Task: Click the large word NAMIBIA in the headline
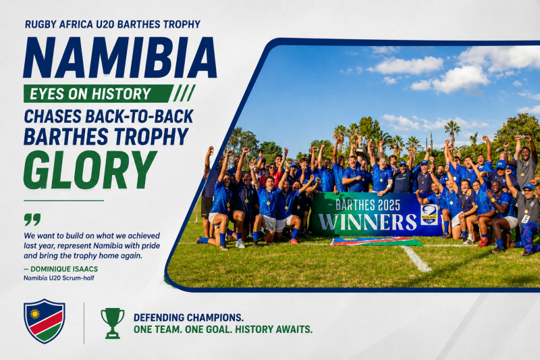[120, 57]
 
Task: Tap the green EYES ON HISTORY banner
[98, 94]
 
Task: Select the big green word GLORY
[90, 170]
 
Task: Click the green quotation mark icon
[32, 219]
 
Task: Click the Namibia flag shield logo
[44, 321]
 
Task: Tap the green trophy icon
[113, 323]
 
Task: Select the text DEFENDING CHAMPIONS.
[189, 317]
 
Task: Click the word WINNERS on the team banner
[367, 222]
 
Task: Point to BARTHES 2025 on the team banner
[368, 205]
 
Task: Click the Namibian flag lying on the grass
[376, 241]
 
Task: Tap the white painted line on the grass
[416, 259]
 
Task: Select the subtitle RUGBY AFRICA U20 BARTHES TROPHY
[113, 24]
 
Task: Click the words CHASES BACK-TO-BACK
[109, 116]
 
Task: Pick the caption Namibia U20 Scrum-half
[59, 278]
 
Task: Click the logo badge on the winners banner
[429, 215]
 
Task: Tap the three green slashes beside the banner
[184, 93]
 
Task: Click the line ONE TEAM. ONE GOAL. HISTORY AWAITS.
[223, 330]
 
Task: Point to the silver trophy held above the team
[361, 147]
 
